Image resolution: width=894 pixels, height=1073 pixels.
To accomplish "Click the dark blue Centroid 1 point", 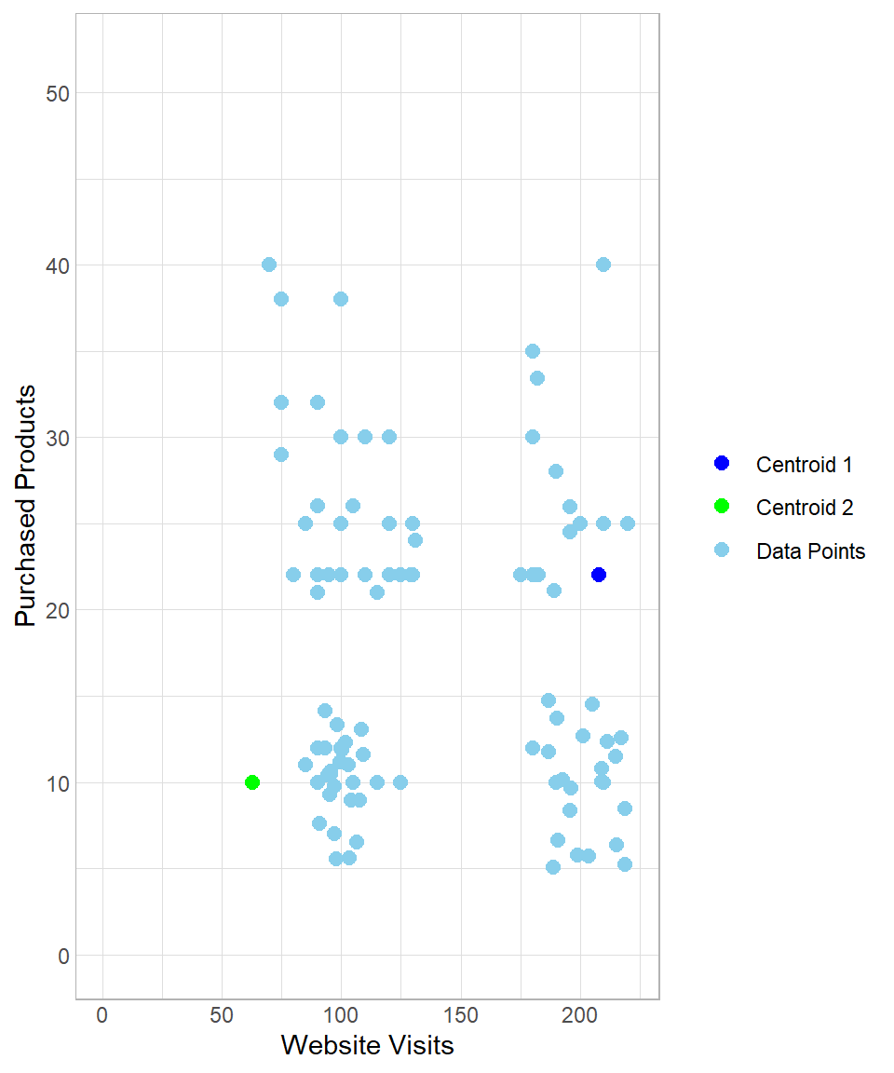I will [599, 575].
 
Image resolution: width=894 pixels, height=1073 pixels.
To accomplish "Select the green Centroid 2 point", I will [252, 782].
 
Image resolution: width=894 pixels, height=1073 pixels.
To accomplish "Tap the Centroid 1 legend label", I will [805, 464].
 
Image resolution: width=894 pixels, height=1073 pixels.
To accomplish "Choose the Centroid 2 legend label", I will [805, 508].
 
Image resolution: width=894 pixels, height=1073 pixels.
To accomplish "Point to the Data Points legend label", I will [810, 551].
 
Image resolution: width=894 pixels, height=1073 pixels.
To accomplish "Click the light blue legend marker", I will [721, 551].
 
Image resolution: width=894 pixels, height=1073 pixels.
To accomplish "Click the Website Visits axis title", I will [367, 1046].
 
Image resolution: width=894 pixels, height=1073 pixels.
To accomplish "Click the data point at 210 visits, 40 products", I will [603, 265].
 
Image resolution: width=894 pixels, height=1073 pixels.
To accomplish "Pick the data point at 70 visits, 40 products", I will [269, 265].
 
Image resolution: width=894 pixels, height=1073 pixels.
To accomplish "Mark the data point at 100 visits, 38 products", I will [341, 299].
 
